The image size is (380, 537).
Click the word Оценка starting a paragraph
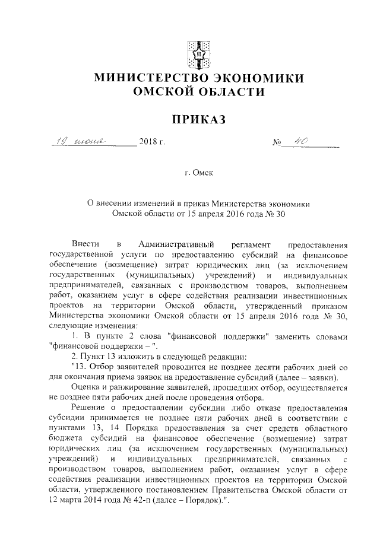tap(85, 387)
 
